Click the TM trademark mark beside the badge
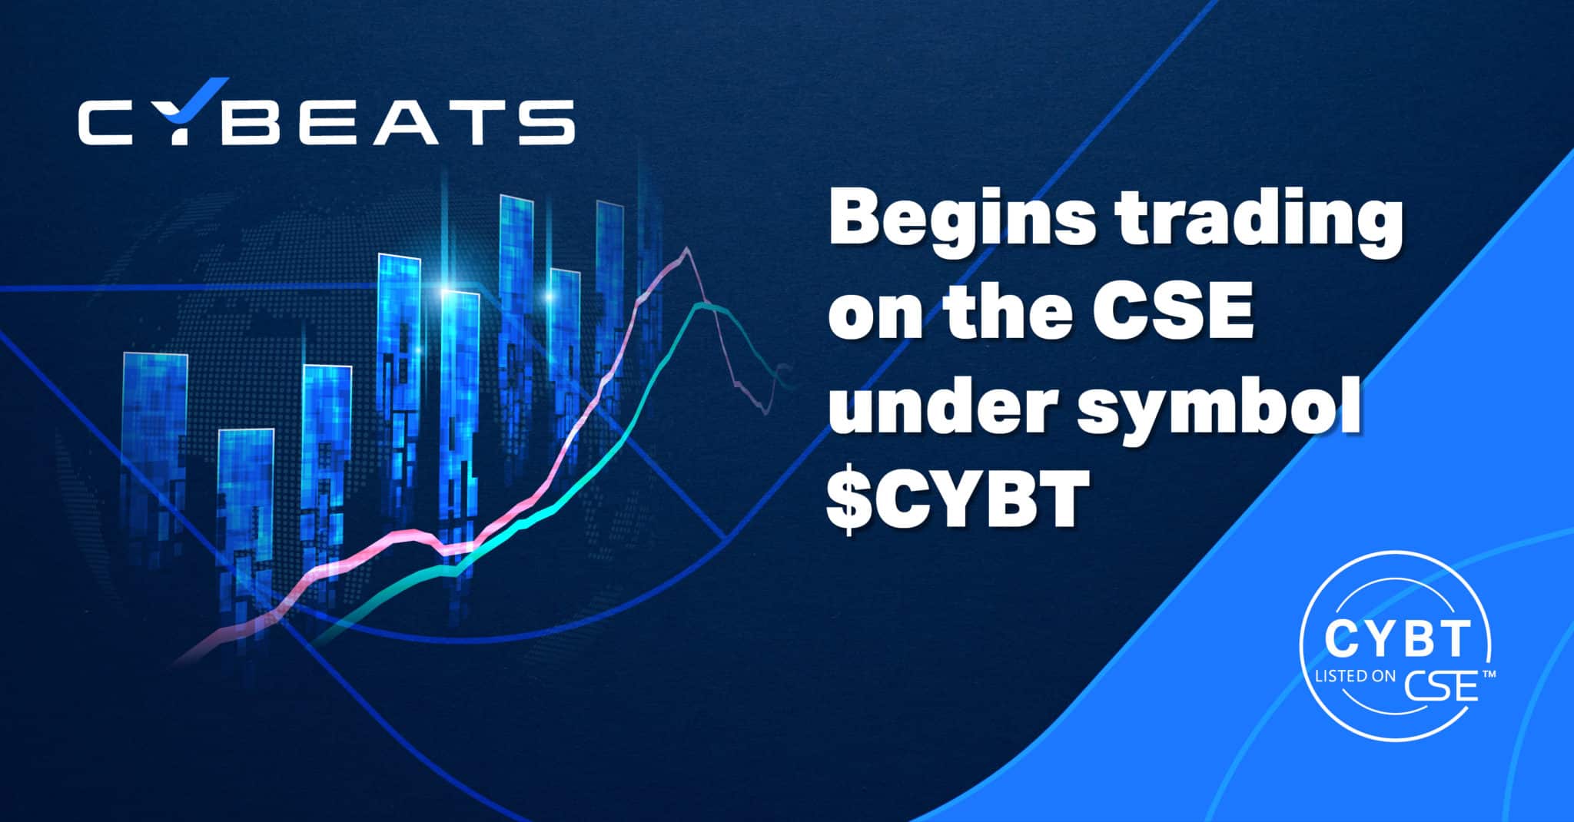pyautogui.click(x=1488, y=674)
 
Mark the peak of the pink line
pyautogui.click(x=686, y=248)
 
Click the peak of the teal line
pyautogui.click(x=698, y=305)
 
